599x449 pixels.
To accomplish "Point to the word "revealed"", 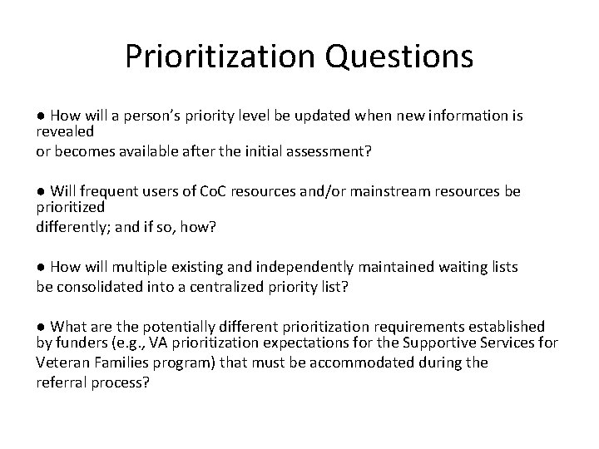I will [x=65, y=131].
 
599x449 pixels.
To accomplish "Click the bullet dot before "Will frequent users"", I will [x=41, y=192].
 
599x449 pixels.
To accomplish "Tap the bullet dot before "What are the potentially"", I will [x=41, y=327].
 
